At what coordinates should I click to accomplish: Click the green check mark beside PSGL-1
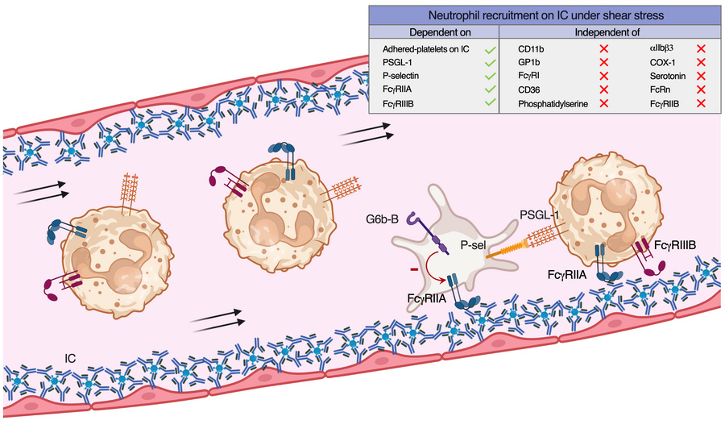489,64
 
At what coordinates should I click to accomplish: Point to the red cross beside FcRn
701,90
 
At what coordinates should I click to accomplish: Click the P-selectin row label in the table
404,77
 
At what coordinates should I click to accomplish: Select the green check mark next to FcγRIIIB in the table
489,104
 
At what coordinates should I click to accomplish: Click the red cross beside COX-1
701,64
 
